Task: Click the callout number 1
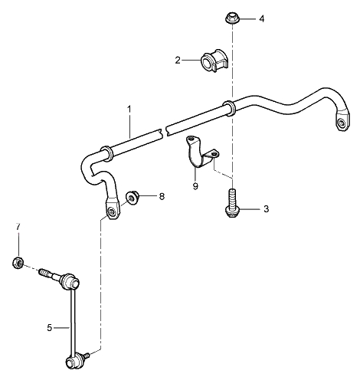(129, 109)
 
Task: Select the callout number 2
(178, 60)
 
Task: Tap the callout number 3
(266, 208)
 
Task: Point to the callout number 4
(262, 18)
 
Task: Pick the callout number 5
(50, 327)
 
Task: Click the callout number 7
(16, 228)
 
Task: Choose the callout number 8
(162, 197)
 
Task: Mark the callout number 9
(195, 185)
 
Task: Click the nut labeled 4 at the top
(231, 16)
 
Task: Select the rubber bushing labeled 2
(211, 60)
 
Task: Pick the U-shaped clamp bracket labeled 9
(202, 153)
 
